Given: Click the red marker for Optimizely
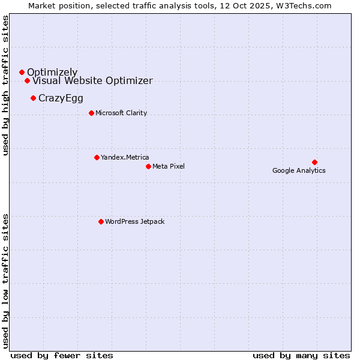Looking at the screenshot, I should [22, 72].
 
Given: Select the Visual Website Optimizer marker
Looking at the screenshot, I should [27, 80].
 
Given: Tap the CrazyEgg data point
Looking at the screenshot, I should [33, 98].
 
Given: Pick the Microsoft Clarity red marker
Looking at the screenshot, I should [91, 113].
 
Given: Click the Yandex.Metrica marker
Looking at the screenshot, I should [97, 157].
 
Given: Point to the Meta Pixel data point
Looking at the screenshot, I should [148, 166].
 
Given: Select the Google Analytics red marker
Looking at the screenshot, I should [314, 162].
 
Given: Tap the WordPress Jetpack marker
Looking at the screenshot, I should [101, 221].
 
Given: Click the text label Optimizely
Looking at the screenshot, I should [52, 73].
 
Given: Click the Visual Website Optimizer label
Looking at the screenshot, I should [92, 81].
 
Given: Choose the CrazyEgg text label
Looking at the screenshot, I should [61, 98].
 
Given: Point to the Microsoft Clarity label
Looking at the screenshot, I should [121, 113].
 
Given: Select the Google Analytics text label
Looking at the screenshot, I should [299, 170].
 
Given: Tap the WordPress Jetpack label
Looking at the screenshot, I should [134, 221].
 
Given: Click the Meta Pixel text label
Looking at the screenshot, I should [169, 166].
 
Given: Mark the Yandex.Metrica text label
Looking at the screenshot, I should [125, 157].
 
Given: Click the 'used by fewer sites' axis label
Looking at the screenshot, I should [62, 355].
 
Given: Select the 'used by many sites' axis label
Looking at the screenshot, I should [301, 355].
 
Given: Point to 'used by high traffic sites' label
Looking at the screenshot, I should [6, 85].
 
